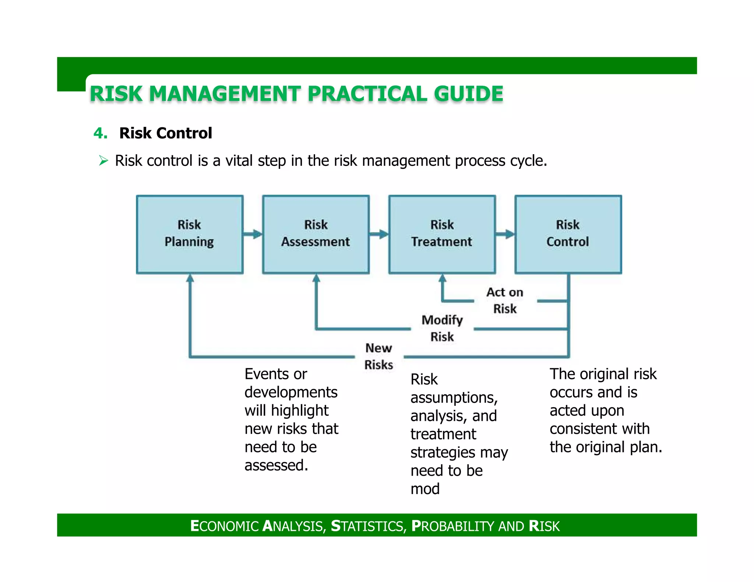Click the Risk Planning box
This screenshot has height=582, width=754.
point(190,234)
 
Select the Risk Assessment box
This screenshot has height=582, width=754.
point(316,234)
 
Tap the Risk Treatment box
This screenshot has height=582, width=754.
point(442,234)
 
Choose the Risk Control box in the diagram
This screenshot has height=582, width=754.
point(568,234)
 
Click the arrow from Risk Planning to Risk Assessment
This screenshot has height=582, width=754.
point(253,234)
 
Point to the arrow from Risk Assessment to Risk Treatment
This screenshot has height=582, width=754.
point(379,234)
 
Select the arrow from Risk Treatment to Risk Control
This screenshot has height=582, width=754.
point(505,234)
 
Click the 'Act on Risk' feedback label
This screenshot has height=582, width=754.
point(505,300)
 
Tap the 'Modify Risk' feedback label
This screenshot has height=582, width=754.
point(442,328)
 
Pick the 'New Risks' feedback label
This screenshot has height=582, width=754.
point(379,356)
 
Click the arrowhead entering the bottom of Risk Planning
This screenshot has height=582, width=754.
point(190,278)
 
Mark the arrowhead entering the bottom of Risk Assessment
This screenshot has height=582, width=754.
point(316,278)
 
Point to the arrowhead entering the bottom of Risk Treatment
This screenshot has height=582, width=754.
point(443,278)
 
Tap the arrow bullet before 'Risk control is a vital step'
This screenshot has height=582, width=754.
point(103,161)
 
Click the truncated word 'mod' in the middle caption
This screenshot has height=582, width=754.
point(425,489)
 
